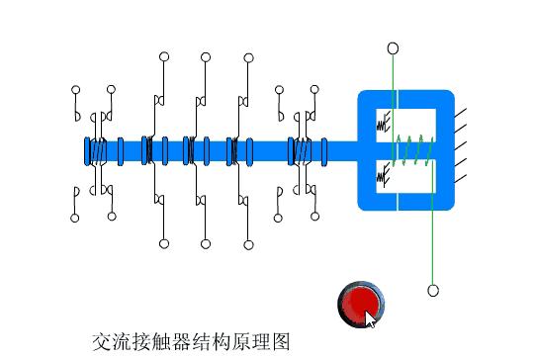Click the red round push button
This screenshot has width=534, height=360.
pos(359,303)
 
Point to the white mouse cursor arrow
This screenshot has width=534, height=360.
pos(371,318)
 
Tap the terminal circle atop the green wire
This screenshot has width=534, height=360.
pos(393,47)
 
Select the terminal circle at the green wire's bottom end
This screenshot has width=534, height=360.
pos(432,290)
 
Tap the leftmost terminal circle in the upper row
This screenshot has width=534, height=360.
pos(75,90)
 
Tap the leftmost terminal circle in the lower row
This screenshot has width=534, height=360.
pos(75,217)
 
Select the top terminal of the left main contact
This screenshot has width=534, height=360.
pos(162,57)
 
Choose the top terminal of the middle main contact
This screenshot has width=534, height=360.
pos(205,57)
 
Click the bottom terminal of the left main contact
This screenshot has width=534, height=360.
pos(162,242)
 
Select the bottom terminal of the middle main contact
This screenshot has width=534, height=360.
pos(205,242)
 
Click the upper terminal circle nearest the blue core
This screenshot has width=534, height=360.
pos(315,90)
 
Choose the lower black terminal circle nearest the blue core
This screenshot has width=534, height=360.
pos(315,216)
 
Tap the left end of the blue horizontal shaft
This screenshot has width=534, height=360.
pos(87,150)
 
